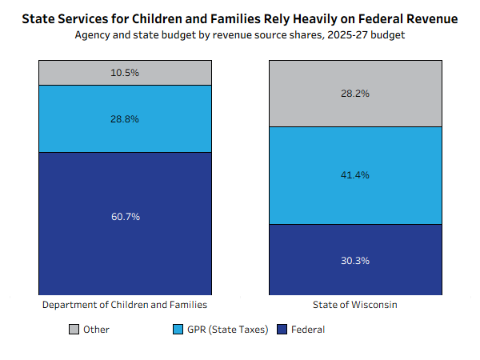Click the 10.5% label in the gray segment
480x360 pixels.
point(125,72)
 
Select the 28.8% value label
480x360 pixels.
point(125,118)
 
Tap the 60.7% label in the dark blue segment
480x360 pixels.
point(125,217)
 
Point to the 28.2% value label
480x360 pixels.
point(355,93)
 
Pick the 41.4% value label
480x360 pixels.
point(355,175)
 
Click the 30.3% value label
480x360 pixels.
point(355,260)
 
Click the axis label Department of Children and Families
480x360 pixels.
point(125,306)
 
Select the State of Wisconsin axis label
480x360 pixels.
point(355,306)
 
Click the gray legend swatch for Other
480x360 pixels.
point(74,329)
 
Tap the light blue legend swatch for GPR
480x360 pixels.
point(178,329)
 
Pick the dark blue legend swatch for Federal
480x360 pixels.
point(282,329)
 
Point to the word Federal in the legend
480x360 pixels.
point(308,329)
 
